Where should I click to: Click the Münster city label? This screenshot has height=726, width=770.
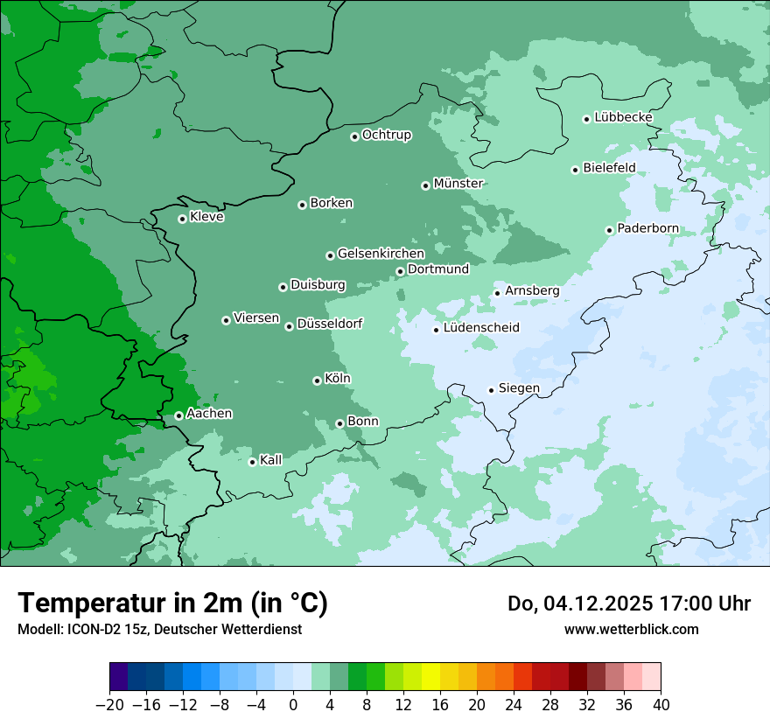tap(458, 184)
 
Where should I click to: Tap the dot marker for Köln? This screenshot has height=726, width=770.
tap(317, 380)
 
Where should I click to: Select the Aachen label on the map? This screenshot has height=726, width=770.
tap(209, 414)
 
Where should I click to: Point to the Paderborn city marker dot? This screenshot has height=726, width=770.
tap(610, 230)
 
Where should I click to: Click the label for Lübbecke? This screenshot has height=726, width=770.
tap(623, 117)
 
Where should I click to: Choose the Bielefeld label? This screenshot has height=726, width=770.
tap(609, 168)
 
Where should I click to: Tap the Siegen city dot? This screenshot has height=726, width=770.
tap(492, 390)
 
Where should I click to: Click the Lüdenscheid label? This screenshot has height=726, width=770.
tap(481, 328)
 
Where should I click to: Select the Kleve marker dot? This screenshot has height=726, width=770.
tap(182, 219)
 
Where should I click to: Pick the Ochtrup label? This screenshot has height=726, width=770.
tap(386, 135)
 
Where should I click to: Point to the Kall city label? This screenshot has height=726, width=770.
tap(271, 460)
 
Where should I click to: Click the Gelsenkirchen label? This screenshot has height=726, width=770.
tap(381, 254)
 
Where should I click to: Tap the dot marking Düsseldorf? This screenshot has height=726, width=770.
tap(289, 326)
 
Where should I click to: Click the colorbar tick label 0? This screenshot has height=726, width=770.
tap(293, 705)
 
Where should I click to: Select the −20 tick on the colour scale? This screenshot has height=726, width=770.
tap(109, 705)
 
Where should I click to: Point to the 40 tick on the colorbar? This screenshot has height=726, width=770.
tap(661, 705)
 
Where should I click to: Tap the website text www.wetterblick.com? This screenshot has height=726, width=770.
tap(631, 629)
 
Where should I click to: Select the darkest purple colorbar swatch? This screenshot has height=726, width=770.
tap(119, 677)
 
